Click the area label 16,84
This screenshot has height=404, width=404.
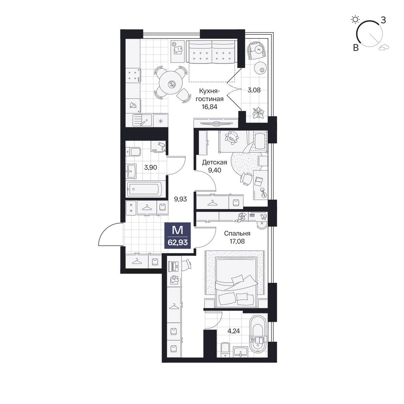click(x=209, y=106)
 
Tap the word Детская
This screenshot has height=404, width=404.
click(x=215, y=162)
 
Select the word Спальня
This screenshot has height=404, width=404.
click(x=237, y=234)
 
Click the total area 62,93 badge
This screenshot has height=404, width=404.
click(x=177, y=235)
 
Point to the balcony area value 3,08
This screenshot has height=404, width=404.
click(x=254, y=90)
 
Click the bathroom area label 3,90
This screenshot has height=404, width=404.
click(x=150, y=168)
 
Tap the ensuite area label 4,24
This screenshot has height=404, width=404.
click(x=233, y=331)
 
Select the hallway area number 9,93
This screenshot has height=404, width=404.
click(x=180, y=199)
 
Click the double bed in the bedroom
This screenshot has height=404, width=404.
click(x=236, y=282)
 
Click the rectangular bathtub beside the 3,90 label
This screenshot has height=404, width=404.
click(x=144, y=189)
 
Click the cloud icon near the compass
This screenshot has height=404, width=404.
click(x=384, y=47)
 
